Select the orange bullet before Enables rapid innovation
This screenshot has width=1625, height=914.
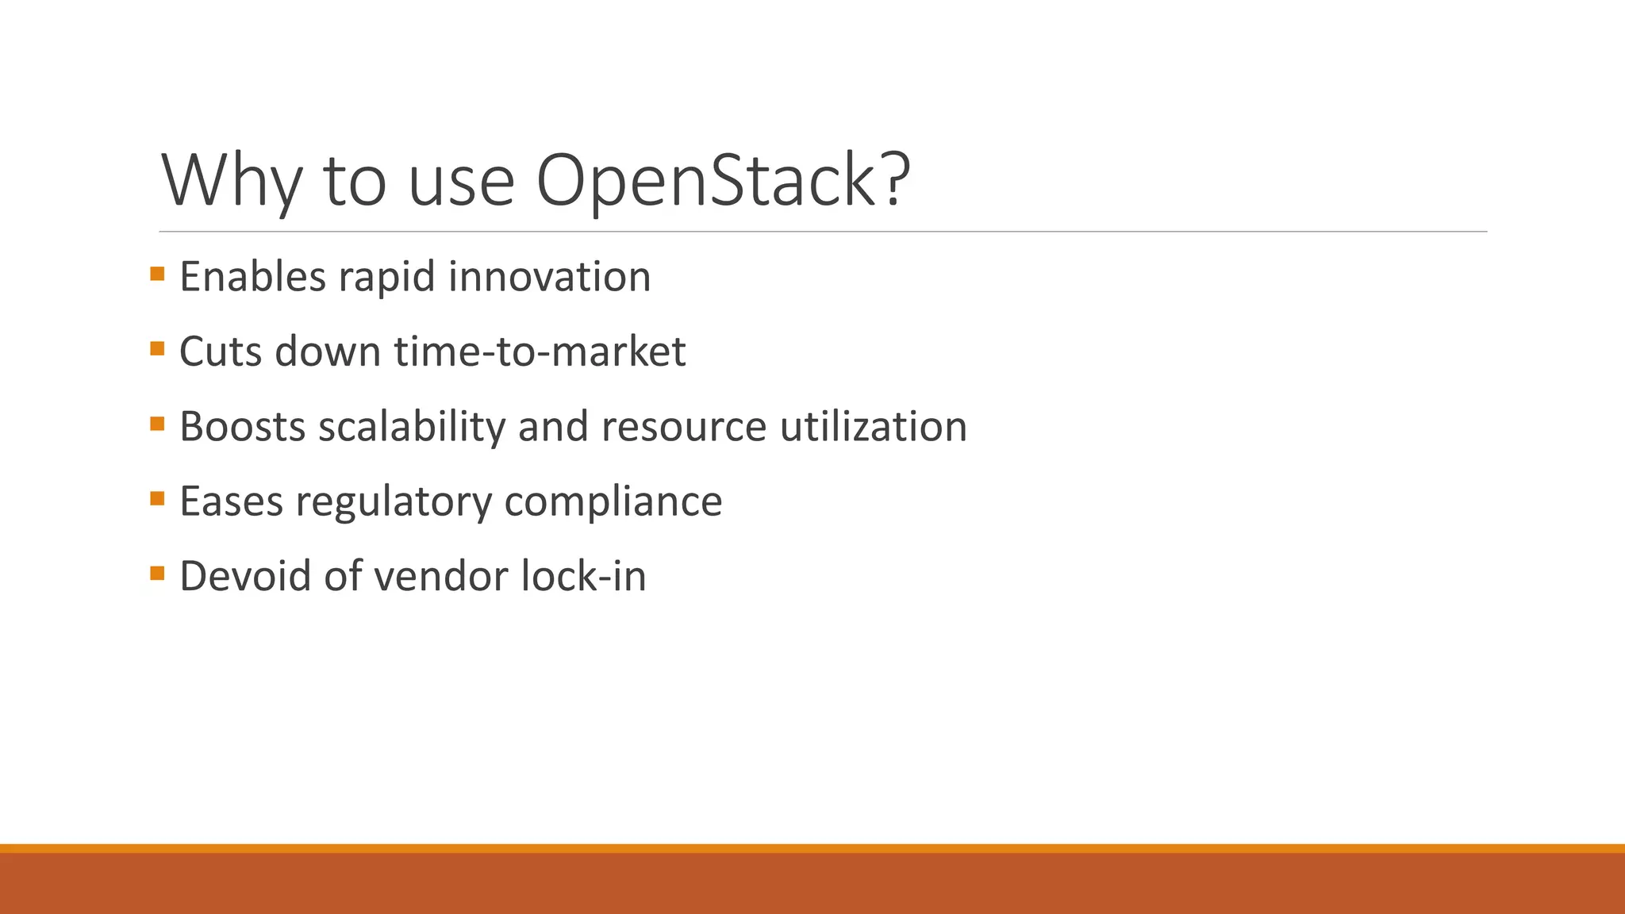[157, 275]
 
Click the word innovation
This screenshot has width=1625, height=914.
[549, 277]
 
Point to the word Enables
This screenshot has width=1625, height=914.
[252, 277]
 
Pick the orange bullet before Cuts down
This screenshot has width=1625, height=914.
[157, 349]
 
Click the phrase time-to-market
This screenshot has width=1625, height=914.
[540, 351]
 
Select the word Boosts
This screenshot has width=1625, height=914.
[242, 427]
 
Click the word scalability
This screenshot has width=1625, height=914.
[412, 427]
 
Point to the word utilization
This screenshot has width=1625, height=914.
[873, 427]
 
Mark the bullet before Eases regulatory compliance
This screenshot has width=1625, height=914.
[157, 499]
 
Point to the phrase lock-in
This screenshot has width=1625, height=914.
[583, 576]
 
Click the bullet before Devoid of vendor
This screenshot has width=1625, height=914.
[157, 574]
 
